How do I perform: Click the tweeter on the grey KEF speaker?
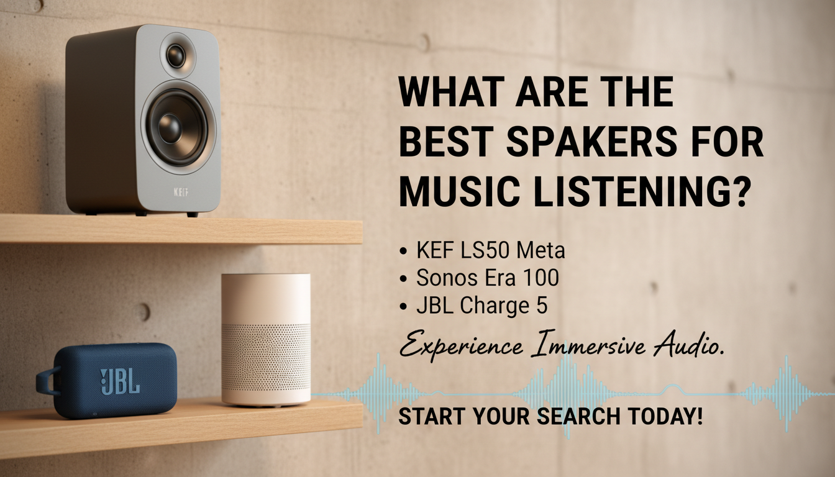click(176, 55)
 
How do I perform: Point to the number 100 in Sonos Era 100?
click(540, 278)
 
